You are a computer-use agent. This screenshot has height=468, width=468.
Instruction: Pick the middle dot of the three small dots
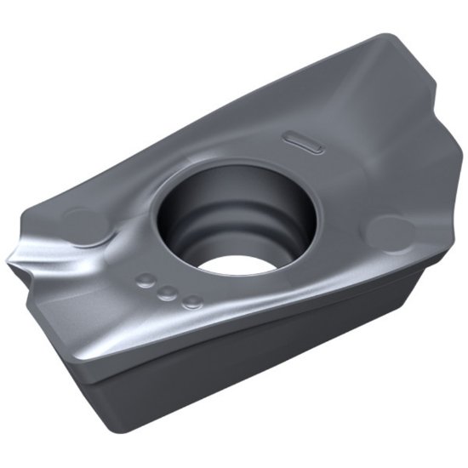168,291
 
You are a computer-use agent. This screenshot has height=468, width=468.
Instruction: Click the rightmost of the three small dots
193,300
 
